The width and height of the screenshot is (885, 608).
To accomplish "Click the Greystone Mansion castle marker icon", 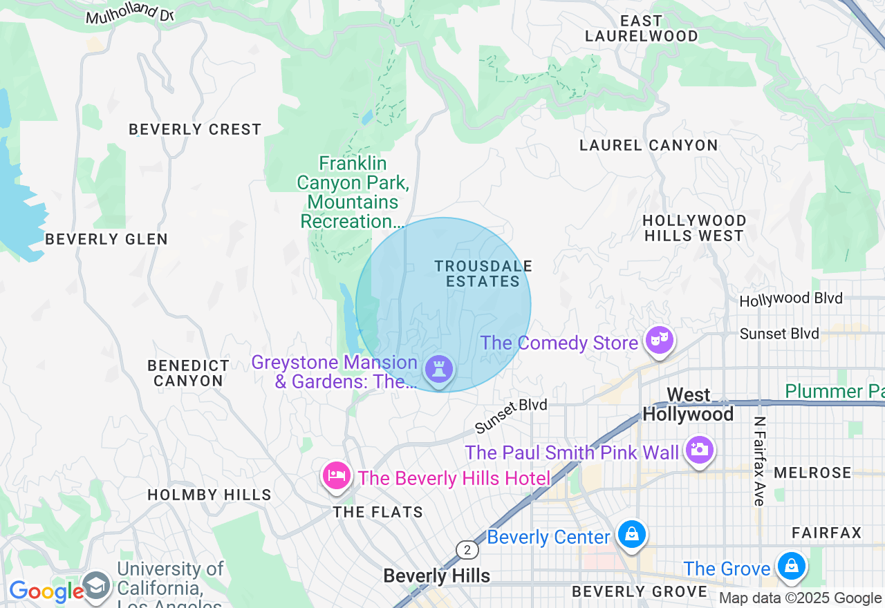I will tap(438, 369).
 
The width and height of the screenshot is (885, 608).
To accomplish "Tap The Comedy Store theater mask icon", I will tap(660, 340).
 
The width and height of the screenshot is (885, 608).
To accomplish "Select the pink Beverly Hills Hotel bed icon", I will tap(337, 475).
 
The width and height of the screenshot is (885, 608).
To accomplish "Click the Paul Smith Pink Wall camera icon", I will tap(699, 450).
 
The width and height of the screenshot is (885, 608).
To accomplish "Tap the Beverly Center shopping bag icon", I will tap(631, 534).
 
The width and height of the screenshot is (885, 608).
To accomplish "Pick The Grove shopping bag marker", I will tap(790, 567).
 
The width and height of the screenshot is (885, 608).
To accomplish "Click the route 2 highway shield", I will tap(467, 550).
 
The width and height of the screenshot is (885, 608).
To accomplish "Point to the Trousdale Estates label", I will tap(483, 274).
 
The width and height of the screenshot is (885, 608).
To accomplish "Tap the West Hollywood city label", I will tap(688, 404).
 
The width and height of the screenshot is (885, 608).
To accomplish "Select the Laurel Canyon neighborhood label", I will tap(649, 145).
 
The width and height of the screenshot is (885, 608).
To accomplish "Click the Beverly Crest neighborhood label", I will tap(195, 129).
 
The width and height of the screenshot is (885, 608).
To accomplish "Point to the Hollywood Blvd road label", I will tap(791, 299).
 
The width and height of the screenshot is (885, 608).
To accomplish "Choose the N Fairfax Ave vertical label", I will tap(759, 462).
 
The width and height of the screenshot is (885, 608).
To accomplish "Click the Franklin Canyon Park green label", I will tap(353, 192).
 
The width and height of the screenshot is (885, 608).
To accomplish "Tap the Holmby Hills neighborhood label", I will tap(209, 495).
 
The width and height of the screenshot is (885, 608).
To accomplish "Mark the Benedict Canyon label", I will tap(188, 373).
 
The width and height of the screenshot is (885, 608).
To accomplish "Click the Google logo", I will tap(46, 591).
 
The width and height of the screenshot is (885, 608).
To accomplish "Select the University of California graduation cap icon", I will tap(96, 585).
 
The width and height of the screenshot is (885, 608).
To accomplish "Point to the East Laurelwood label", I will tap(641, 28).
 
